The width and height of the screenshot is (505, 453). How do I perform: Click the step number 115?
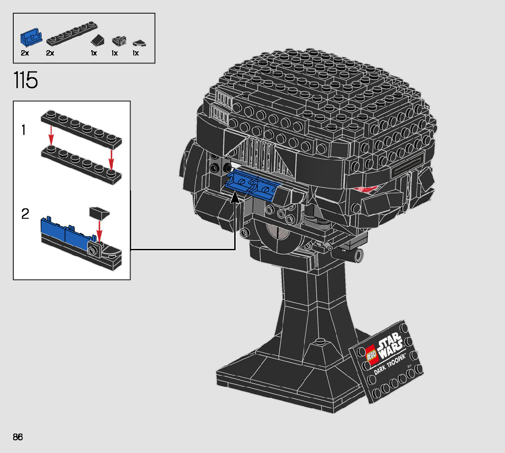pyautogui.click(x=26, y=80)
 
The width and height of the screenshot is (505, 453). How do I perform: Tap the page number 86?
pyautogui.click(x=18, y=437)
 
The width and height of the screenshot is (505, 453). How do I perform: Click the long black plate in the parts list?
pyautogui.click(x=72, y=33)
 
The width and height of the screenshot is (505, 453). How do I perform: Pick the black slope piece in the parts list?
pyautogui.click(x=98, y=40)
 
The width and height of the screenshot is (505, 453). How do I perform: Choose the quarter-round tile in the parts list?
pyautogui.click(x=139, y=43)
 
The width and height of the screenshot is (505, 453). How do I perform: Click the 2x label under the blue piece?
pyautogui.click(x=25, y=53)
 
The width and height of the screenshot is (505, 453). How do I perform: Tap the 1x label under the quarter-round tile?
pyautogui.click(x=136, y=53)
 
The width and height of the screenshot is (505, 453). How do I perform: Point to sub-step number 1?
pyautogui.click(x=23, y=130)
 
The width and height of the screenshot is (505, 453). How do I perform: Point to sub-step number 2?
pyautogui.click(x=25, y=214)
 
